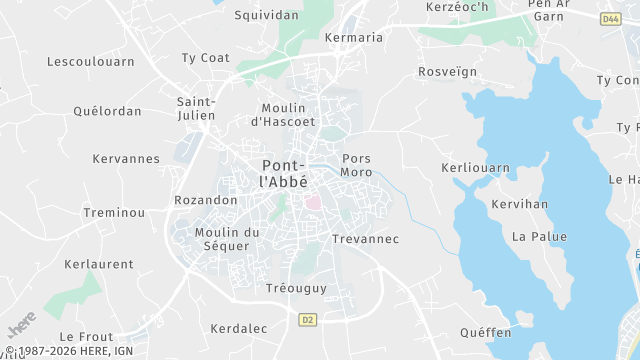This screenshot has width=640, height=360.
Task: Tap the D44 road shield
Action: tap(611, 19)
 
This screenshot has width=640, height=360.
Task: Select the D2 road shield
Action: tap(307, 319)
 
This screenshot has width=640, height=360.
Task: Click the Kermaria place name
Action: tap(354, 38)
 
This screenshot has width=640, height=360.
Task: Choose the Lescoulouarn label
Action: tap(89, 62)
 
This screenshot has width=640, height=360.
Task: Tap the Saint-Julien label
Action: tap(196, 108)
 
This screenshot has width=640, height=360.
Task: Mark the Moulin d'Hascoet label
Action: tap(282, 114)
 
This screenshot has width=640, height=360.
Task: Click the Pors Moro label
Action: tap(357, 165)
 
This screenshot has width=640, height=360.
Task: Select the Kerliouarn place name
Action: tap(475, 168)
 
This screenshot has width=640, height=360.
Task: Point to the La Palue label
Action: tap(539, 237)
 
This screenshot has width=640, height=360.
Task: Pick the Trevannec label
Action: tap(365, 239)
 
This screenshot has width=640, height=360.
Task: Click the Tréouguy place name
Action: tap(296, 288)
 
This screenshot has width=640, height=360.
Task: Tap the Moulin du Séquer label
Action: tap(227, 239)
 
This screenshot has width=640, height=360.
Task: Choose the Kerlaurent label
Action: tap(98, 264)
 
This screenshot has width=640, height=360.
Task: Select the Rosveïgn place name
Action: tap(448, 72)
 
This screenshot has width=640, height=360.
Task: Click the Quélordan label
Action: tap(107, 111)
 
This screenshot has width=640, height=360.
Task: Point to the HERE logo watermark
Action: tap(21, 326)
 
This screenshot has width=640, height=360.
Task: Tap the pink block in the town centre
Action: tap(313, 202)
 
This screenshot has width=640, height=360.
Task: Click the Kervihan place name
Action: tap(520, 204)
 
